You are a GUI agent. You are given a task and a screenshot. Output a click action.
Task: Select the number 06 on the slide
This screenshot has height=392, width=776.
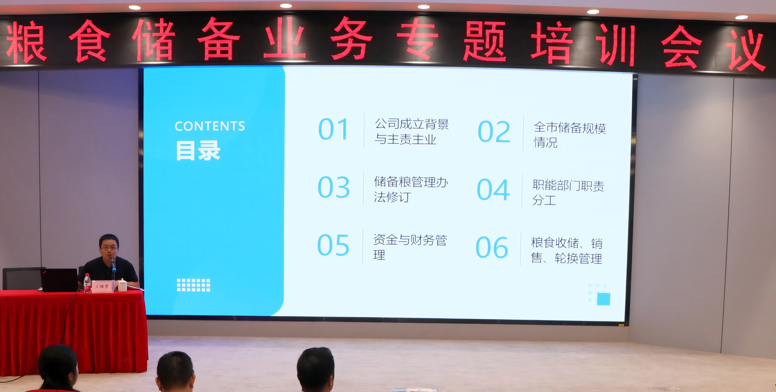(x=492, y=248)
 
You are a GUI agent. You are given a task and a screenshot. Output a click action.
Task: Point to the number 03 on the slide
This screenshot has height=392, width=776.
(x=333, y=187)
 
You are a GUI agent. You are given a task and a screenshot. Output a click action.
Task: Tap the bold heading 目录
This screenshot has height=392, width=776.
(x=198, y=151)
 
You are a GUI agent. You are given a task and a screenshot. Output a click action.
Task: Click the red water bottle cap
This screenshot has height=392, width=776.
(x=87, y=275)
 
